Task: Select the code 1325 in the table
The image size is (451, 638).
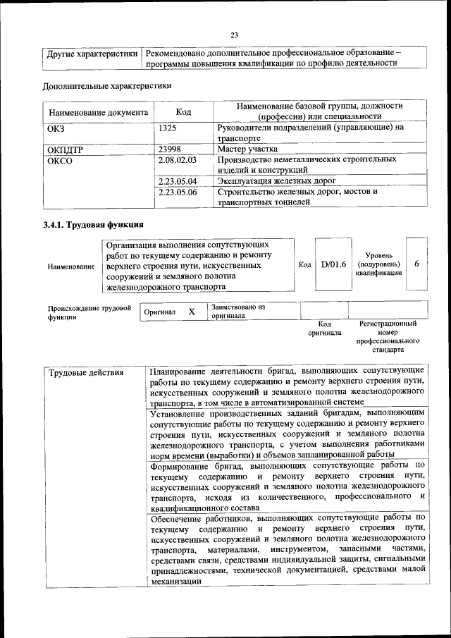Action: pyautogui.click(x=168, y=128)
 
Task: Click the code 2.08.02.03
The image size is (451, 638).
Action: pyautogui.click(x=178, y=160)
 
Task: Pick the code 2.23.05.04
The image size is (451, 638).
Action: pyautogui.click(x=178, y=181)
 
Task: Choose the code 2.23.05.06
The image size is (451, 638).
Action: pyautogui.click(x=178, y=192)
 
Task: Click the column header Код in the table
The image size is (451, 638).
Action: pyautogui.click(x=183, y=111)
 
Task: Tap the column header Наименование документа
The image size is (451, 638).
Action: pyautogui.click(x=98, y=112)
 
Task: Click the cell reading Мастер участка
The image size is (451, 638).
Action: pyautogui.click(x=247, y=149)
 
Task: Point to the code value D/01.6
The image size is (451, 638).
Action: pyautogui.click(x=334, y=265)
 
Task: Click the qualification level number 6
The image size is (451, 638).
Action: pyautogui.click(x=417, y=264)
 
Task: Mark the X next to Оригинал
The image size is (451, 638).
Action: pyautogui.click(x=191, y=311)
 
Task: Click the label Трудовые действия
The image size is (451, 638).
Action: pyautogui.click(x=85, y=372)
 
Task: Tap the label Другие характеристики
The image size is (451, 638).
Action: pyautogui.click(x=92, y=54)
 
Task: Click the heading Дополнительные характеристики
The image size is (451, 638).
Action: pyautogui.click(x=106, y=86)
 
